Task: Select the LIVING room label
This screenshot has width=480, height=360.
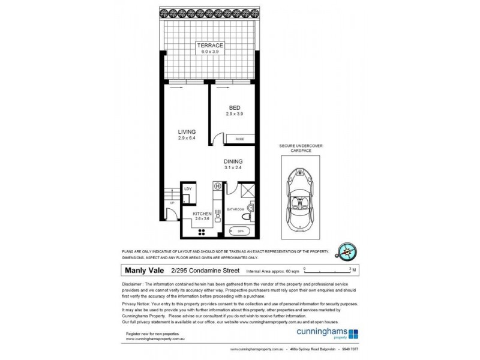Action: click(x=187, y=132)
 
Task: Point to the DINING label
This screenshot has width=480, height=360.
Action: click(x=233, y=161)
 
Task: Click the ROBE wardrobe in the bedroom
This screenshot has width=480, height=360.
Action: click(x=239, y=139)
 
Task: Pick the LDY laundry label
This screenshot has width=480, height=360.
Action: click(x=188, y=190)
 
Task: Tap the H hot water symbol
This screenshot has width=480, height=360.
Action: click(x=217, y=186)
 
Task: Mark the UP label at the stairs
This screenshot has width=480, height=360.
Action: click(x=172, y=202)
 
